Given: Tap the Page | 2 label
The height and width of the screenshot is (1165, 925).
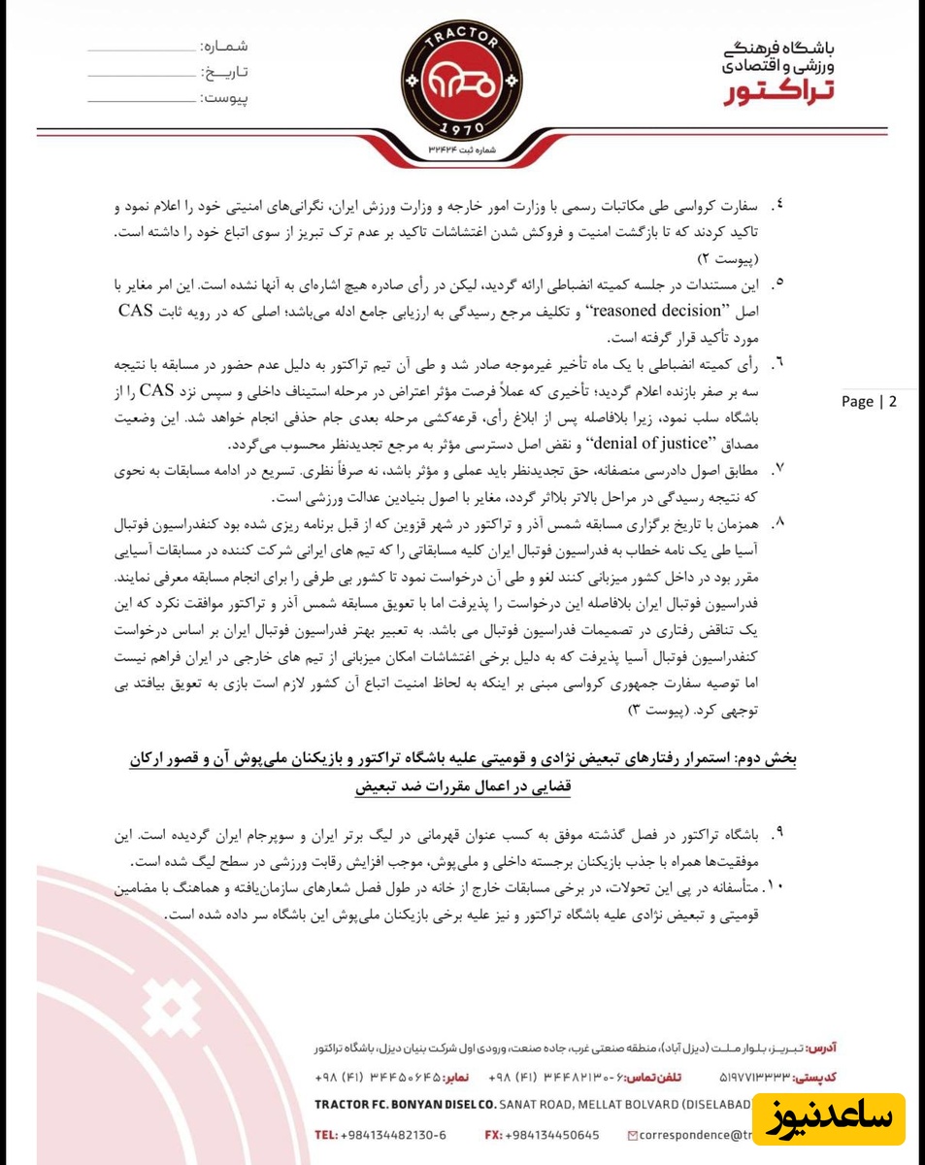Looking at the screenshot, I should click(869, 402).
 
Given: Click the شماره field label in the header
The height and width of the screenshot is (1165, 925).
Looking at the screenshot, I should click(224, 47).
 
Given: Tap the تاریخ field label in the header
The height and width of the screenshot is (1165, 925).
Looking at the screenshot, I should click(224, 72).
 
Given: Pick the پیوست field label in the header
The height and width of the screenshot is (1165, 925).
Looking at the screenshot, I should click(224, 98).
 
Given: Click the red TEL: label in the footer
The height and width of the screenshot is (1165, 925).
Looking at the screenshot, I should click(327, 1134).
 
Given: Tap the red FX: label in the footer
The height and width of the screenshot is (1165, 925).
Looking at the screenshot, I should click(493, 1134).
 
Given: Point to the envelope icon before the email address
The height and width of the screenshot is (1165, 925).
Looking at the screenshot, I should click(634, 1134).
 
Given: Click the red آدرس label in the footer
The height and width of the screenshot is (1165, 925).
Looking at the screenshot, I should click(821, 1048).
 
